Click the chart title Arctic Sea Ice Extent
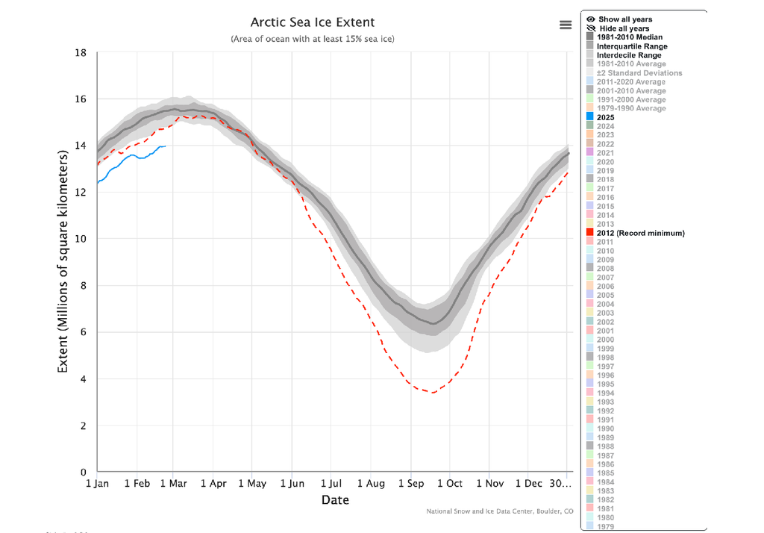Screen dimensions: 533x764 313,22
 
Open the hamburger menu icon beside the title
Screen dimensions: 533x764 566,25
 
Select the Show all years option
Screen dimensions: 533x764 624,19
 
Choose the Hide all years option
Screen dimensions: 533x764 623,28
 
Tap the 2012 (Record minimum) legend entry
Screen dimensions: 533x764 639,233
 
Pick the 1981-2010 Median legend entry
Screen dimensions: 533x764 629,37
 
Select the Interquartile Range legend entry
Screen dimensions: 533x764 632,46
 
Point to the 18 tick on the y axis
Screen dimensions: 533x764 81,53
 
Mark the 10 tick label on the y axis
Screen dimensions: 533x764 81,239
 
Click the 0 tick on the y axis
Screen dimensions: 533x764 84,473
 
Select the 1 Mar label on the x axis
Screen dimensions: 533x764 172,484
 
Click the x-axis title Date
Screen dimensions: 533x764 335,499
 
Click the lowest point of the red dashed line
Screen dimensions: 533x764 431,393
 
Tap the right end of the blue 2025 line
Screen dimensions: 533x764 165,146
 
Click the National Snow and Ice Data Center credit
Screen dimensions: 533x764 499,511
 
